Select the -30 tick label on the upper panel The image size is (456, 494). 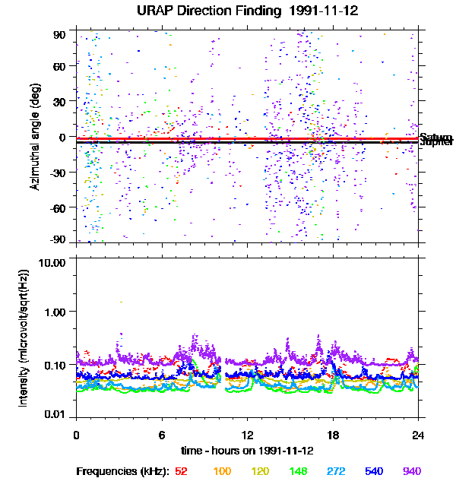click(x=57, y=173)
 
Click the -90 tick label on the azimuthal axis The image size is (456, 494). click(x=57, y=240)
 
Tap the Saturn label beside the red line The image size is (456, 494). click(x=436, y=137)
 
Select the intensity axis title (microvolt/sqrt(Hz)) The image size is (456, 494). click(x=24, y=338)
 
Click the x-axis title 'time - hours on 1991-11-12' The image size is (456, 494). click(x=247, y=450)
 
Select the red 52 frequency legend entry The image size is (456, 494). click(x=182, y=472)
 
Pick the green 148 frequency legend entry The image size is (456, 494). click(x=297, y=472)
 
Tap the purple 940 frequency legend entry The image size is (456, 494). click(x=412, y=472)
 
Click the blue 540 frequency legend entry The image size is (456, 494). click(x=374, y=472)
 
